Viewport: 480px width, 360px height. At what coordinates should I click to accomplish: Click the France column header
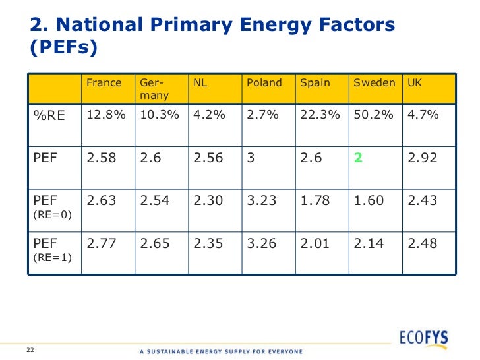(x=104, y=83)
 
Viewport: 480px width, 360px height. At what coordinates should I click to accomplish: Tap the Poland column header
(x=264, y=83)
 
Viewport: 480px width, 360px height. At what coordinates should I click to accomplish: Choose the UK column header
(x=415, y=83)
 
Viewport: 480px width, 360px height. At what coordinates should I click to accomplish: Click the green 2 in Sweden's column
(x=359, y=158)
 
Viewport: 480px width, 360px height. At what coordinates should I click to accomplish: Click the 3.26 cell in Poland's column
(x=261, y=244)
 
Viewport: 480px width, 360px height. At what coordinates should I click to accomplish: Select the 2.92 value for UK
(x=422, y=158)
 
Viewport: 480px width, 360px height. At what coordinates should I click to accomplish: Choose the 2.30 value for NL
(x=208, y=200)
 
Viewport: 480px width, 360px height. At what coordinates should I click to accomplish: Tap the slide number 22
(x=30, y=349)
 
